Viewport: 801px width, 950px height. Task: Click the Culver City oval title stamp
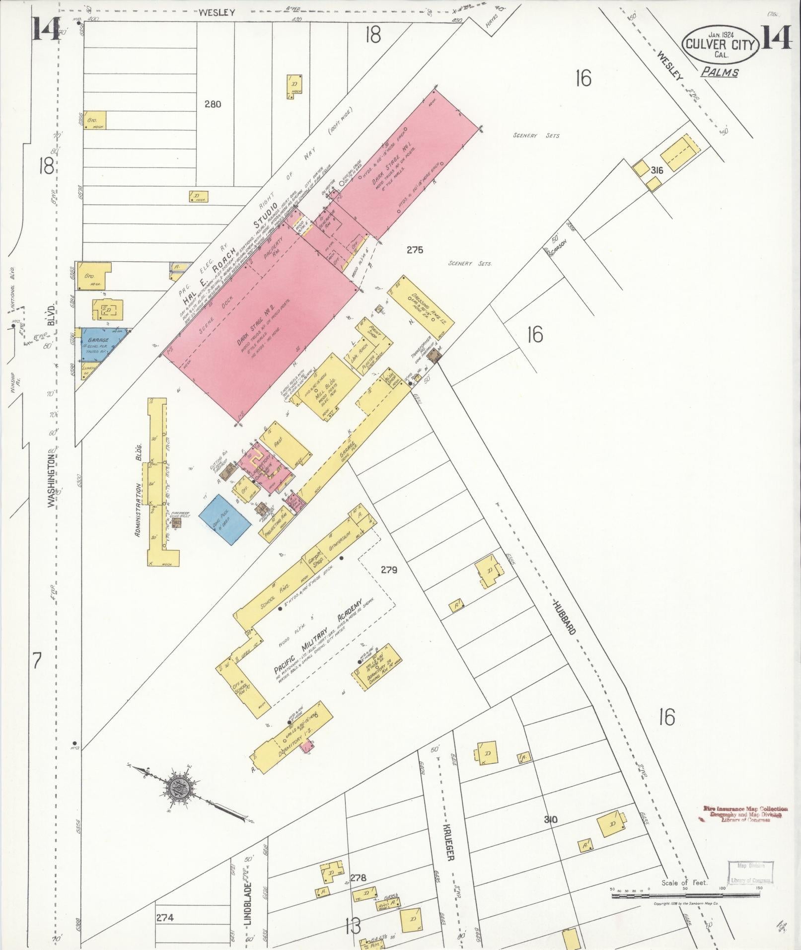[721, 44]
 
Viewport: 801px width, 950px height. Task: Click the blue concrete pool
[225, 519]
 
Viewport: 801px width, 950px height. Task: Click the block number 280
[213, 104]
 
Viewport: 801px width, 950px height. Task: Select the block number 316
[656, 170]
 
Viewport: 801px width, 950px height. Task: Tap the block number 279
[389, 570]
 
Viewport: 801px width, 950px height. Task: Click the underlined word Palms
[720, 73]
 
